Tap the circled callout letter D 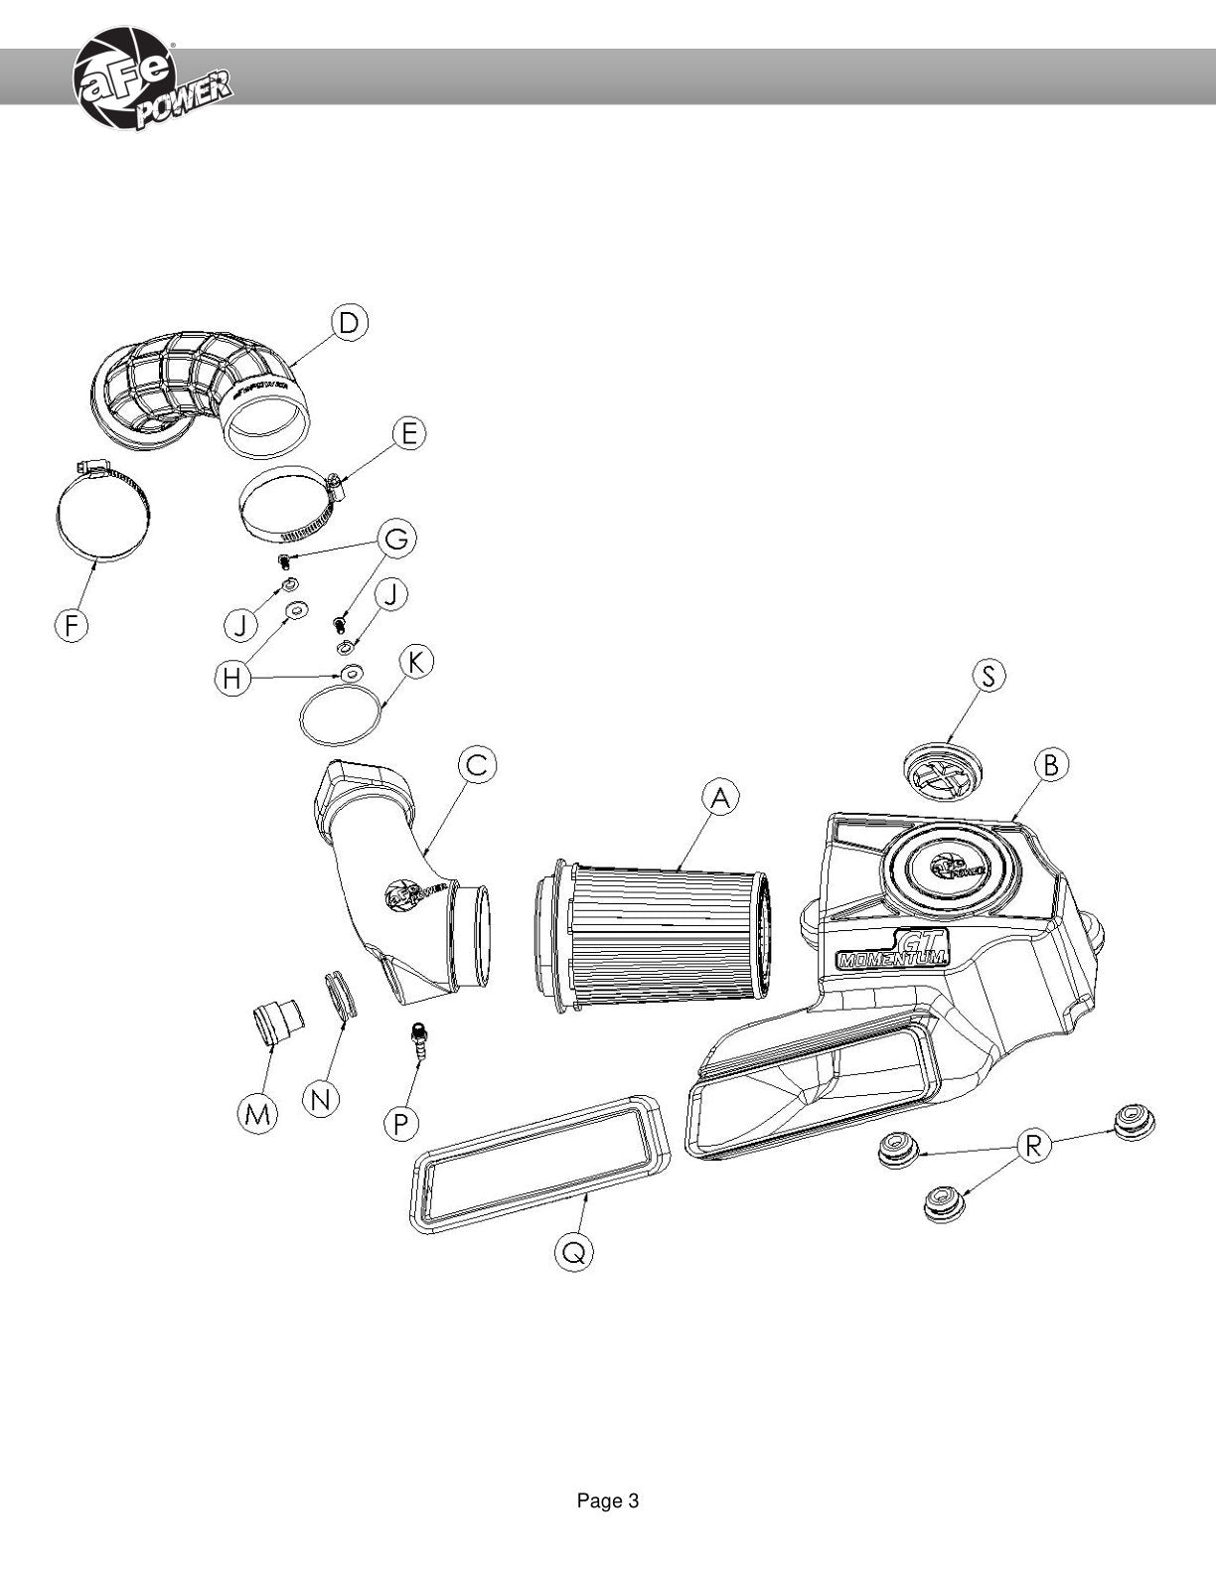click(349, 323)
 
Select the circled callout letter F click(72, 624)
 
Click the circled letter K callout click(415, 664)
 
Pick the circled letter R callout click(1034, 1145)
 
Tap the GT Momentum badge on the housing click(892, 950)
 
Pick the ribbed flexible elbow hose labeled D click(205, 395)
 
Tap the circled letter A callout click(720, 798)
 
